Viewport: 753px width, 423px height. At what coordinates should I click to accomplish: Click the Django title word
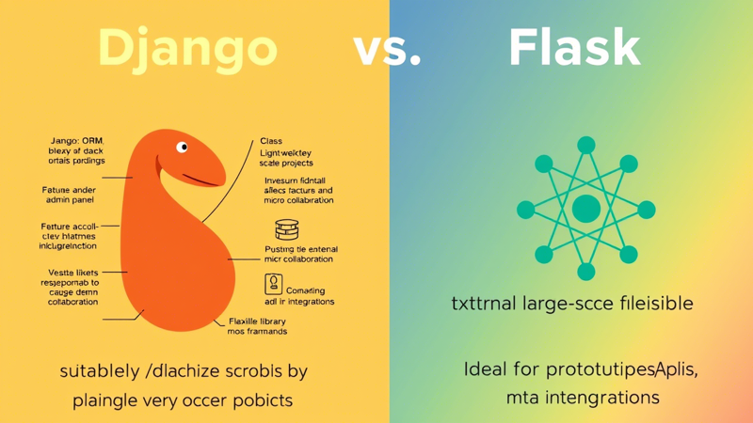click(x=187, y=48)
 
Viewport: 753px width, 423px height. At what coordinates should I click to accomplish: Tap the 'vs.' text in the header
click(x=387, y=48)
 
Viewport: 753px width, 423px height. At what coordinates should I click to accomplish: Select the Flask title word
click(x=574, y=48)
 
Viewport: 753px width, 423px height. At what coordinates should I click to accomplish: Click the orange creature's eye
click(x=182, y=147)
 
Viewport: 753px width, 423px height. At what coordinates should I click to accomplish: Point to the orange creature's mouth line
click(x=201, y=180)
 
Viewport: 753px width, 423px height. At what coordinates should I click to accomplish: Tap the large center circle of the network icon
click(x=586, y=209)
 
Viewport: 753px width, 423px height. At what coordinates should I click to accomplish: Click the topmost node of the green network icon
click(x=586, y=146)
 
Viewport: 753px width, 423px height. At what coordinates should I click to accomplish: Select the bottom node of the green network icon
click(x=586, y=273)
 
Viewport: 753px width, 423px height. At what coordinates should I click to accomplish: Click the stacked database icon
click(x=287, y=229)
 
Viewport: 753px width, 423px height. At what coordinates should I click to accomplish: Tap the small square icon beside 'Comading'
click(x=273, y=284)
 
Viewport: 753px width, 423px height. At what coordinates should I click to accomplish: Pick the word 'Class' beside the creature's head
click(x=271, y=141)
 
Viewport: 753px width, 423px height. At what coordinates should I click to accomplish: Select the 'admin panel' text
click(x=69, y=200)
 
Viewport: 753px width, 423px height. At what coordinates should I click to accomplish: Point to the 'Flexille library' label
click(x=257, y=321)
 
